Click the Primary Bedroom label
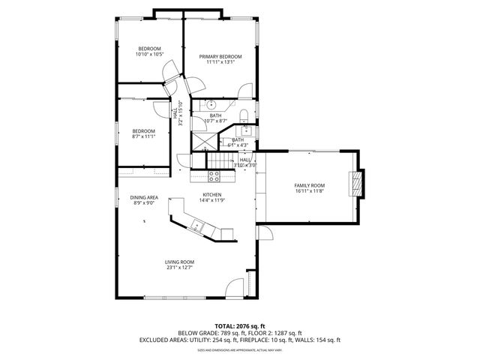click(220, 57)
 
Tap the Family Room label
click(308, 185)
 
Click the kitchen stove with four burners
click(214, 177)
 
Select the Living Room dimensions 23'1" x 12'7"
click(179, 268)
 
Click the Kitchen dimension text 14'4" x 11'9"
click(211, 200)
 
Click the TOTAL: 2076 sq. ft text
click(240, 326)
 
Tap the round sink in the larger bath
click(211, 104)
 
